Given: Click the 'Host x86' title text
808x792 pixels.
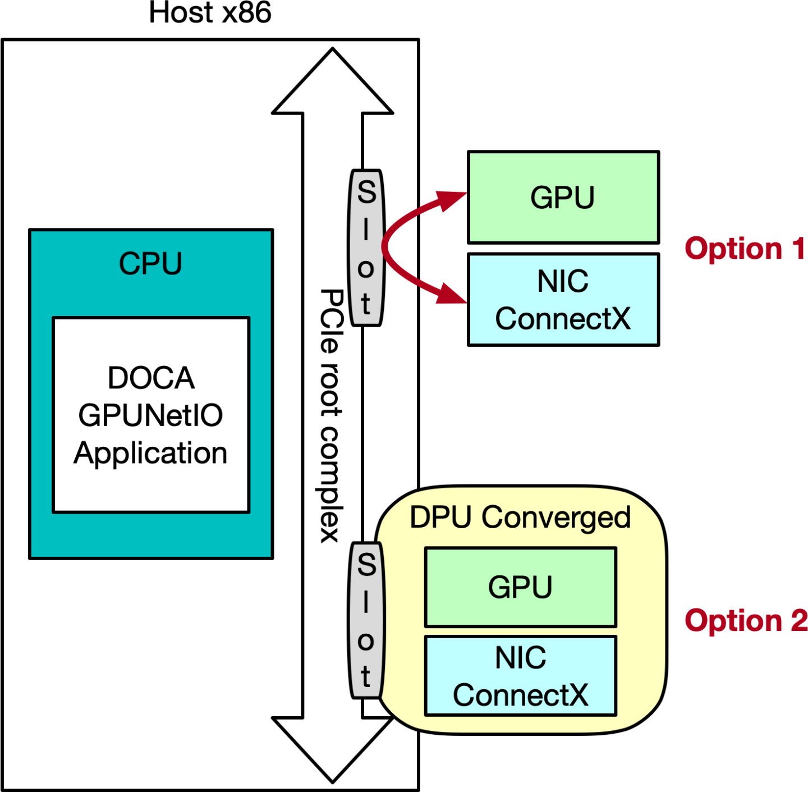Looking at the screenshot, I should tap(210, 13).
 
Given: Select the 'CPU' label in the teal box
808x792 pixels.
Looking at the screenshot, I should tap(150, 264).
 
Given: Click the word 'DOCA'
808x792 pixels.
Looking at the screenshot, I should tap(151, 378).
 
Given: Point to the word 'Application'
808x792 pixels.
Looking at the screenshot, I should tap(150, 453).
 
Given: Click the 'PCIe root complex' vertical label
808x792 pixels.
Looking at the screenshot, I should tap(331, 415).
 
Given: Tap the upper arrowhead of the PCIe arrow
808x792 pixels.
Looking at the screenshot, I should tap(332, 84).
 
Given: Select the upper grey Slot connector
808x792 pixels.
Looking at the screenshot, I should tap(366, 248).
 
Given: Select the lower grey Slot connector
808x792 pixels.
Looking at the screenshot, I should tap(366, 620).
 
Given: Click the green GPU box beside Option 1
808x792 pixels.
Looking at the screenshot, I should tap(563, 197).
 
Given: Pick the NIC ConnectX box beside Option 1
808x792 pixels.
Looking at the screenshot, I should tap(563, 300).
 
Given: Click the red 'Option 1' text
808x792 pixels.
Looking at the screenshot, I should tap(744, 249).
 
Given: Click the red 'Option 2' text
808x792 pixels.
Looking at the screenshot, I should tap(745, 621).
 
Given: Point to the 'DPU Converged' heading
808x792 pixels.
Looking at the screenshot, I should tap(520, 517).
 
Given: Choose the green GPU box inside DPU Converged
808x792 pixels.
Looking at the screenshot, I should tap(520, 587).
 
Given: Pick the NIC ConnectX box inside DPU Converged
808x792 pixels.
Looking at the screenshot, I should tap(520, 676).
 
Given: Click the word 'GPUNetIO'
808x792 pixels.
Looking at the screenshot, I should tap(150, 415).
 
